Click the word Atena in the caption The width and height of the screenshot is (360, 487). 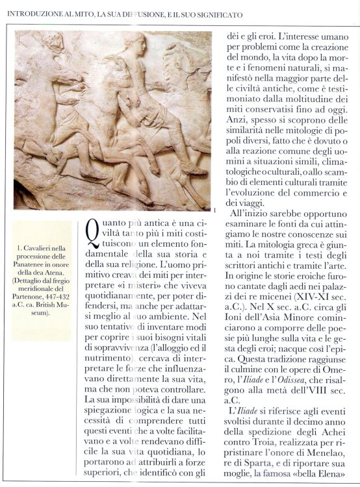[55, 273]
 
